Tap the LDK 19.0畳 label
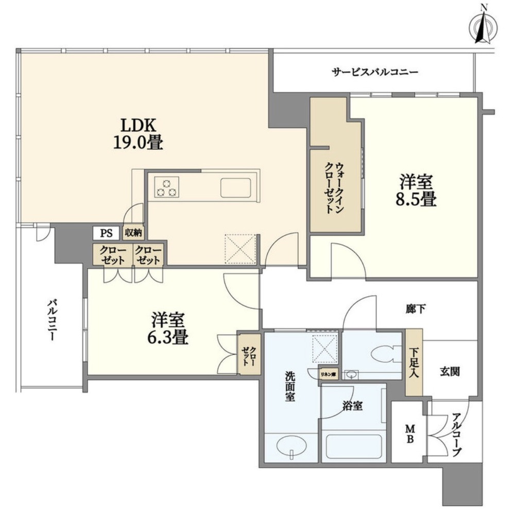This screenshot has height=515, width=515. click(x=138, y=133)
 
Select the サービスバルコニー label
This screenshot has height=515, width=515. click(x=374, y=73)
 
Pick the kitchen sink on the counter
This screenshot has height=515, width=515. click(x=236, y=187)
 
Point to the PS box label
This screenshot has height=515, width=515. click(x=106, y=233)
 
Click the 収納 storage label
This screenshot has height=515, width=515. click(x=133, y=233)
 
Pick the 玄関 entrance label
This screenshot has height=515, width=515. click(x=450, y=371)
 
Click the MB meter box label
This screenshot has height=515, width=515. click(x=410, y=433)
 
